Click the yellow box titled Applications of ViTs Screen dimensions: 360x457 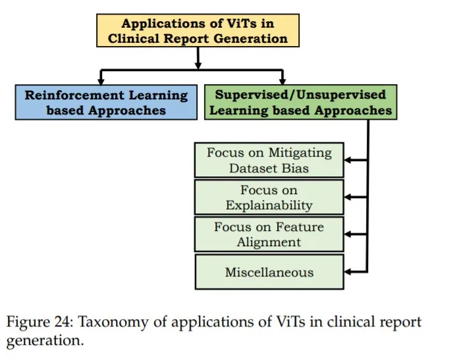pos(198,31)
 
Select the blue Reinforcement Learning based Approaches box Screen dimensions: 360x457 pos(106,102)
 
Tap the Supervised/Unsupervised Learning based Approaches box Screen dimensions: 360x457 pos(301,102)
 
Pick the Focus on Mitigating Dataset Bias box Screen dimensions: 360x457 pos(269,160)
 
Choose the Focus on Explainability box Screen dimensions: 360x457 pos(269,197)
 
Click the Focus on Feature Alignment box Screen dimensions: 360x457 pos(269,234)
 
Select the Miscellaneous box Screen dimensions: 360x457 pos(269,271)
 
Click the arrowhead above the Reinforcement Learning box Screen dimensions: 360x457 pos(101,78)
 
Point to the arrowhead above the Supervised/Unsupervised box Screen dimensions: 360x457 pos(282,78)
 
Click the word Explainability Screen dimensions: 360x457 pos(269,205)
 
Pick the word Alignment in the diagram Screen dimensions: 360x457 pos(269,242)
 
